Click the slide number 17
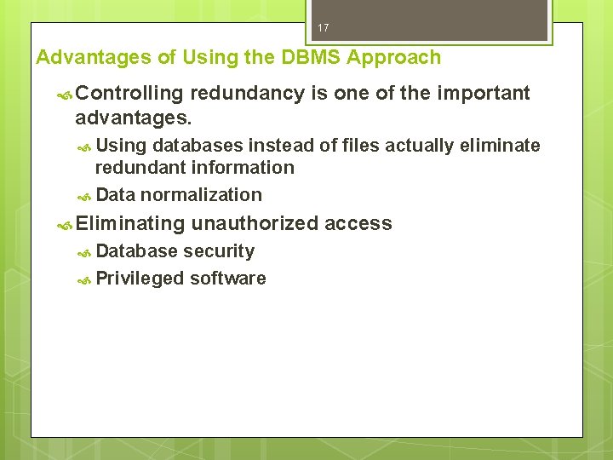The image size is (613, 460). (323, 28)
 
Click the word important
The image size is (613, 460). (483, 93)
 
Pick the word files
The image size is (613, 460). (358, 146)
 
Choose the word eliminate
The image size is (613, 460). (500, 146)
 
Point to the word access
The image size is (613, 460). (358, 223)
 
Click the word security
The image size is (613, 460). (219, 251)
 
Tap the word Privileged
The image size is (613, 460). (140, 279)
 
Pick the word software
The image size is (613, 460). (228, 279)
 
